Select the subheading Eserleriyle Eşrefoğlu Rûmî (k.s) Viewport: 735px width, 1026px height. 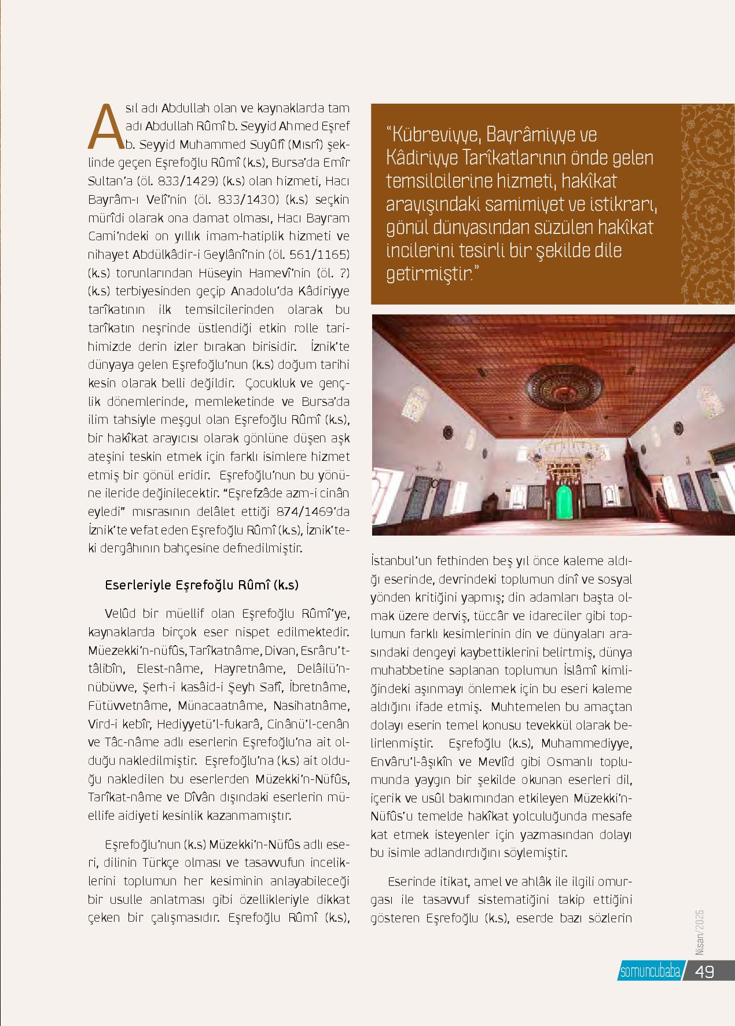point(201,585)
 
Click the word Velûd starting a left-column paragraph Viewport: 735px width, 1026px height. point(121,613)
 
